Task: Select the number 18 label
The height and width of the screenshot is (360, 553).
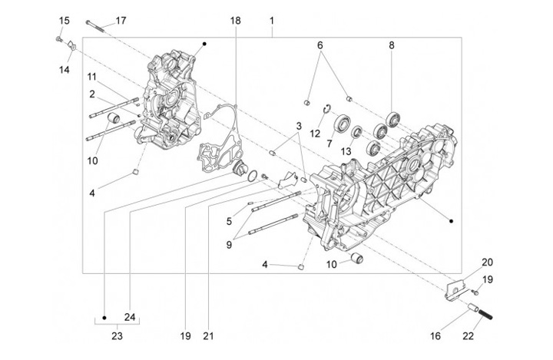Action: point(235,20)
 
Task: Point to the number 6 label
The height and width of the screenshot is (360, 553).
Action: point(320,45)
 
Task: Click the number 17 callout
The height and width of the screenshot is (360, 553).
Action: point(121,20)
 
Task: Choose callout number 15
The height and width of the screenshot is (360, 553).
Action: point(64,20)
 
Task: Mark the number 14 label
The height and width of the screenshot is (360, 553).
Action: point(64,70)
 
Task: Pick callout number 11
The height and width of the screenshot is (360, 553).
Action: point(91,77)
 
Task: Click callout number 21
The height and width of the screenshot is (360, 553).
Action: point(207,335)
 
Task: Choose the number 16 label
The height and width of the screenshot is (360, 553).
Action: point(435,335)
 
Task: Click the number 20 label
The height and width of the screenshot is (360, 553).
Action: point(487,263)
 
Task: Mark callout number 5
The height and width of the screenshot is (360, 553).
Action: point(229,221)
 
